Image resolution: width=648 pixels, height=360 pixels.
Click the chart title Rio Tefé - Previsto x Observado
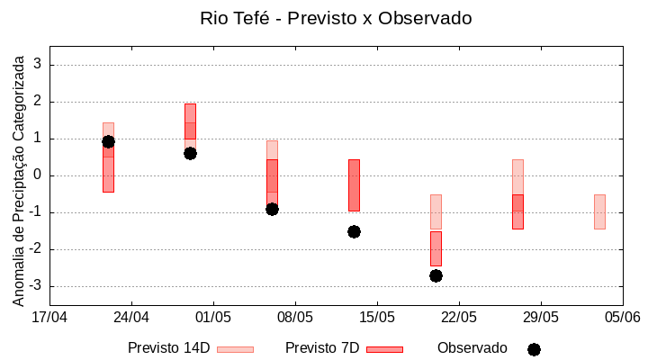[336, 18]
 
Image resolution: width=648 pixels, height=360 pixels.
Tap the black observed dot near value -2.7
[436, 275]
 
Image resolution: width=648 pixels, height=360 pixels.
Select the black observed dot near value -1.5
[354, 231]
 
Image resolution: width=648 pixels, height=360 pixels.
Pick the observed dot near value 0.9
[108, 141]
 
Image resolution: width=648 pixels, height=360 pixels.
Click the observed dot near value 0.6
[190, 153]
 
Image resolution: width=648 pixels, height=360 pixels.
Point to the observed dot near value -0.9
[272, 209]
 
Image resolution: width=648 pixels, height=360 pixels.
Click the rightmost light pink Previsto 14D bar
[599, 211]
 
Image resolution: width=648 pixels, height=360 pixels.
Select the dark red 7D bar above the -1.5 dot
[354, 184]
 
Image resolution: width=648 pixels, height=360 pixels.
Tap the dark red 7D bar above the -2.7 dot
[436, 248]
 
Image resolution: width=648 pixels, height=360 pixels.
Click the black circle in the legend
[534, 349]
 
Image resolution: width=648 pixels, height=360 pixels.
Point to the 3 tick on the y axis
[37, 65]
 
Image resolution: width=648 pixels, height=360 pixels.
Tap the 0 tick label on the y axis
[37, 175]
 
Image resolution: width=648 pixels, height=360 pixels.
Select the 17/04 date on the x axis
[49, 317]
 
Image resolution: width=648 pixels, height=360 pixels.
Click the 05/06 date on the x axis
[622, 317]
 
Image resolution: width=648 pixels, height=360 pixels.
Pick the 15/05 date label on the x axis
[376, 317]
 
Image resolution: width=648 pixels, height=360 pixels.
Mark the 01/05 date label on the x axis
[213, 317]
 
